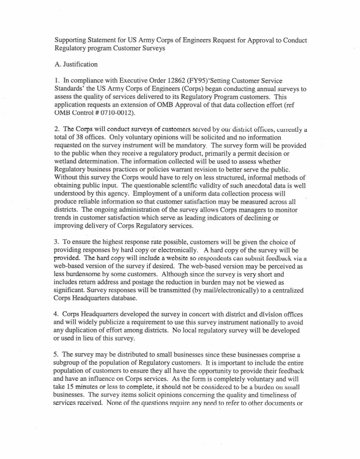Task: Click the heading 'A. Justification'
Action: point(76,64)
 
